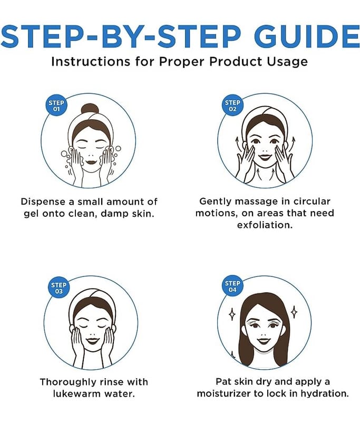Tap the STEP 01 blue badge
pos(56,106)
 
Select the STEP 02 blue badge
pos(232,105)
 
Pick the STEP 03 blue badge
pos(59,288)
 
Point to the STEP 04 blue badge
pos(232,286)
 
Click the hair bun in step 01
pos(90,109)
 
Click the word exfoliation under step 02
pos(265,225)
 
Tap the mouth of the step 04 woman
pos(264,341)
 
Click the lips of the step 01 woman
pos(91,162)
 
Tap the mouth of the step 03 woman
pos(93,341)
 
